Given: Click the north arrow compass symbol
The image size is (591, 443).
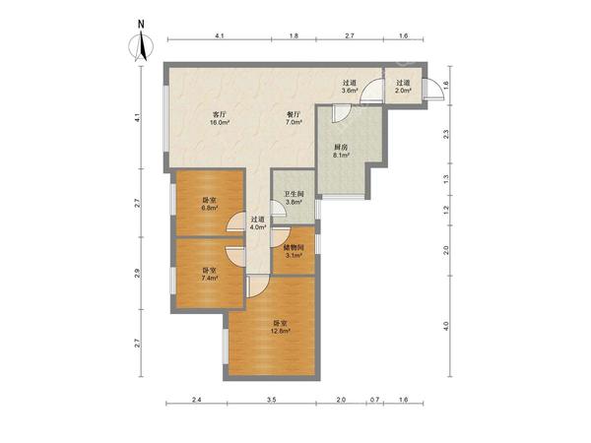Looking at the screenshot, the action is click(x=141, y=44).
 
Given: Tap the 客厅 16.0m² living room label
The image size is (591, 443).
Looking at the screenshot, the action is click(x=220, y=118).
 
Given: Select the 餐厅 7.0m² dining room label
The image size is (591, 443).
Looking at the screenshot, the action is click(x=294, y=118).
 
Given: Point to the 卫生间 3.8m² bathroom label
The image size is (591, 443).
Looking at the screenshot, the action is click(x=294, y=198).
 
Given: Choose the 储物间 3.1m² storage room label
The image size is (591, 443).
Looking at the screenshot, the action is click(x=294, y=251).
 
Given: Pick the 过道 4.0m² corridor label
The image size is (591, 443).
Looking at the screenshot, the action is click(x=258, y=223).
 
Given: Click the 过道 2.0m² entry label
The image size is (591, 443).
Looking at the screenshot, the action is click(x=403, y=87).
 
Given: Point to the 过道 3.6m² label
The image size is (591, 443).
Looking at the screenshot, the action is click(x=349, y=87).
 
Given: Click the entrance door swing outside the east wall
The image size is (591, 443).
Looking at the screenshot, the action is click(x=433, y=89).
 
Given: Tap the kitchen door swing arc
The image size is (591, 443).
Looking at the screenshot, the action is click(x=342, y=114).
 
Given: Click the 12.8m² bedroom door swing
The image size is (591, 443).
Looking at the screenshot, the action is click(x=258, y=285).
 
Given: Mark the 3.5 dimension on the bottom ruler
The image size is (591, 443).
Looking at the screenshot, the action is click(x=272, y=400).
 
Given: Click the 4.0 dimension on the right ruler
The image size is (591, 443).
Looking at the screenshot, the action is click(x=446, y=326).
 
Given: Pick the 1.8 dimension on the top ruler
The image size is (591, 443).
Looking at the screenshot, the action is click(x=294, y=36).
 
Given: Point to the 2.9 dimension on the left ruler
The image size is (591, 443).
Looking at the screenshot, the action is click(x=138, y=273).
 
